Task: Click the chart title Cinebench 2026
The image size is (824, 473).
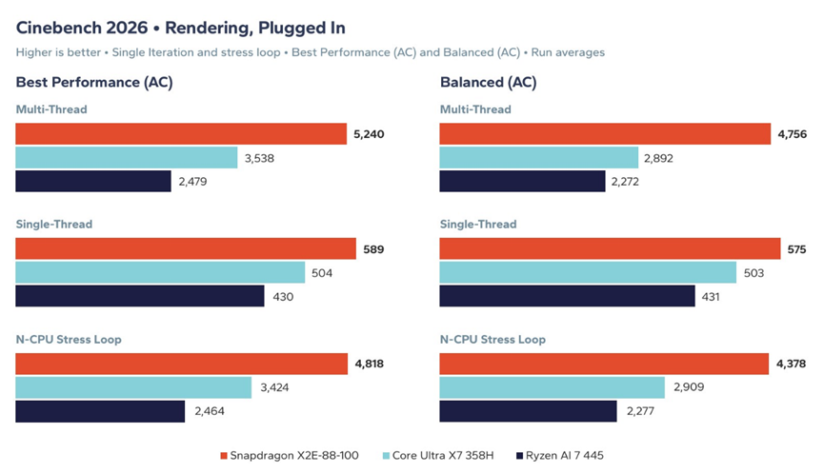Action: pos(82,28)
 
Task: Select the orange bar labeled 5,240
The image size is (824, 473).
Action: pos(181,134)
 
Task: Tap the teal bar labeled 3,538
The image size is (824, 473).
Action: pos(126,157)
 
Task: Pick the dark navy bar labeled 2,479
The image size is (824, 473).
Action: pos(93,181)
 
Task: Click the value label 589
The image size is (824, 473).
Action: pos(373,249)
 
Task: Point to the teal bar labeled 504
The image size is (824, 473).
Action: pos(160,272)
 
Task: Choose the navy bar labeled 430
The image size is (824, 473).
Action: pos(140,296)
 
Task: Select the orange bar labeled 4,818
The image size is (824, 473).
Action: pos(181,364)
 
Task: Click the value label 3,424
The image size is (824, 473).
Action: pos(274,387)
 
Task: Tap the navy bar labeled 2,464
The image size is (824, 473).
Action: pos(100,411)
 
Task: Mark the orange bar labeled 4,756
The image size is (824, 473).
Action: pos(605,134)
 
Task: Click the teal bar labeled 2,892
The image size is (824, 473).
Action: pos(538,157)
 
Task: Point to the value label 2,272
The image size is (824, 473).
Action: pos(625,182)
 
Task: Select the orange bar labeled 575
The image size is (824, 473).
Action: pos(610,248)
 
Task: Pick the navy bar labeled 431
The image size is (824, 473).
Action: pos(567,296)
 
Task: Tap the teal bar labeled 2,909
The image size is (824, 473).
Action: pos(552,387)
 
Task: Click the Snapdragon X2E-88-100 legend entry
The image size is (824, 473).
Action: pos(290,455)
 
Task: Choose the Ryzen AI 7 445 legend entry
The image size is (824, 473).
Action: pos(560,455)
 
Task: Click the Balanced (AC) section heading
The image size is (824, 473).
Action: pos(488,83)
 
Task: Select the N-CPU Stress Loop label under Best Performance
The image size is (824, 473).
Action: pos(69,339)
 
